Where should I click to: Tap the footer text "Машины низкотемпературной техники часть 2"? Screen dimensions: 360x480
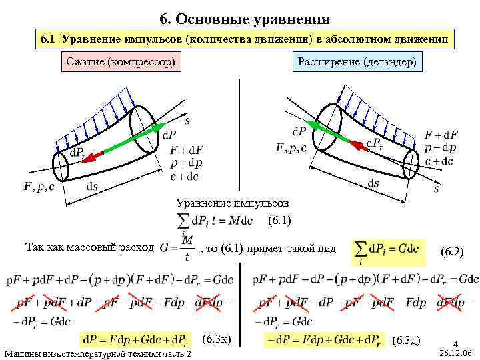[97, 352]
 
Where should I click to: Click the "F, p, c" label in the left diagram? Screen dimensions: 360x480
[39, 187]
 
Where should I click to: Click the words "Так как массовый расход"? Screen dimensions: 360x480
[89, 246]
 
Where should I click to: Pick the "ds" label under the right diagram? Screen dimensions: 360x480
[373, 183]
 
